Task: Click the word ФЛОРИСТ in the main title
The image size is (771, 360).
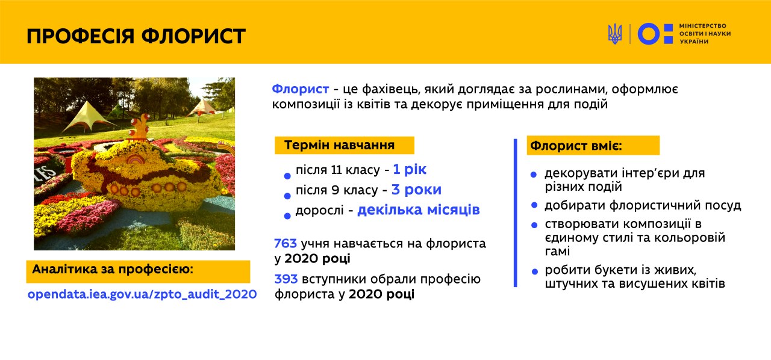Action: [x=193, y=36]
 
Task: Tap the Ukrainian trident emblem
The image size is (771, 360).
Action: [x=615, y=34]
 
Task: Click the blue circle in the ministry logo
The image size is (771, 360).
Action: [x=649, y=34]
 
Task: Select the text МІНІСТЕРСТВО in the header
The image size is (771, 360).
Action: [x=702, y=26]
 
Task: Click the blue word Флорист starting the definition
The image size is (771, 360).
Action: [x=300, y=89]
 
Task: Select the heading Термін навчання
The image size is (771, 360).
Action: [x=339, y=145]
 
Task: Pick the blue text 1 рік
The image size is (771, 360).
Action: [x=410, y=169]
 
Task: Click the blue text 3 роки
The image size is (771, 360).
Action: [x=416, y=190]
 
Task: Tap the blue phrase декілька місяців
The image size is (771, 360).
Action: [x=419, y=209]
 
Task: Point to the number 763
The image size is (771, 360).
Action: [x=286, y=243]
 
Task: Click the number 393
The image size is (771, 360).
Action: [x=286, y=279]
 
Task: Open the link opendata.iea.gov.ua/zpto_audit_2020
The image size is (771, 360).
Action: [x=142, y=294]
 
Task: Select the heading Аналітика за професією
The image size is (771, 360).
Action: [x=113, y=269]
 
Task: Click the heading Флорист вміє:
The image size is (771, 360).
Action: [x=576, y=146]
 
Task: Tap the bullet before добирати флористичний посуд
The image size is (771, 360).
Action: [x=534, y=205]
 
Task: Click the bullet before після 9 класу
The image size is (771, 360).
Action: [x=287, y=196]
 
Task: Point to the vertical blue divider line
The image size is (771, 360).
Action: [x=515, y=213]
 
